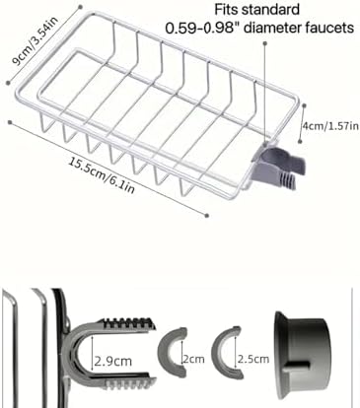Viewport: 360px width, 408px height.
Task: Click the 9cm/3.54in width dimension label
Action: coord(35,39)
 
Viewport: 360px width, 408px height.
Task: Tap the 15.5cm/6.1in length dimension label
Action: coord(102,175)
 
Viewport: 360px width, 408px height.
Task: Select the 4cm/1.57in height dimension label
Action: coord(330,126)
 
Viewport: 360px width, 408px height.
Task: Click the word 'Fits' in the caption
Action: coord(227,10)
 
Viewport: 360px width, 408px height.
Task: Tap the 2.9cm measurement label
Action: coord(113,362)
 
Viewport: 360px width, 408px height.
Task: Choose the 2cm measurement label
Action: coord(193,359)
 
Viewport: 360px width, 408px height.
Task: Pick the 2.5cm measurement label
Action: coord(253,359)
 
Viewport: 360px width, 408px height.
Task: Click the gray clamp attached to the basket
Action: coord(278,166)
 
